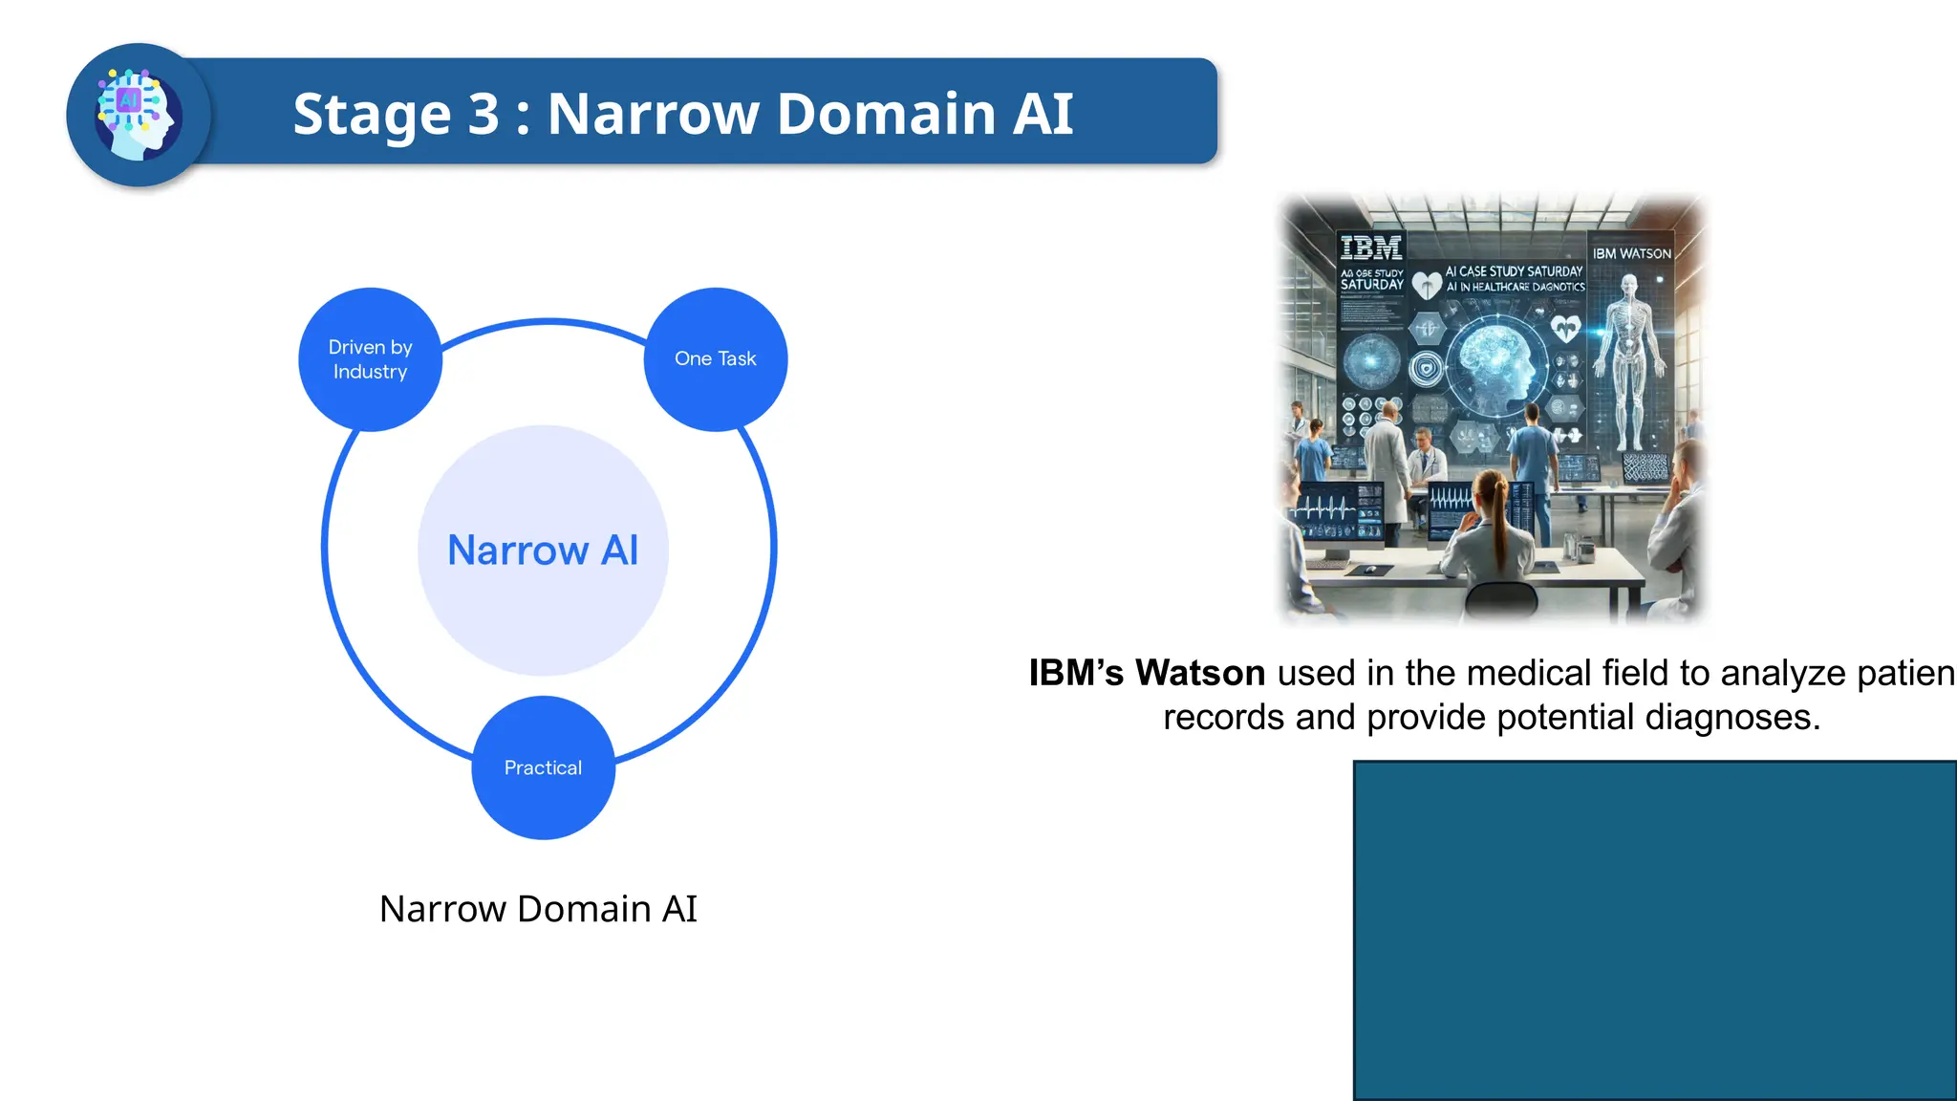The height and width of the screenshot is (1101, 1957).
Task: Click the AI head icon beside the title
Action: [x=139, y=115]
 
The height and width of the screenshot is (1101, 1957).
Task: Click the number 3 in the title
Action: [x=483, y=115]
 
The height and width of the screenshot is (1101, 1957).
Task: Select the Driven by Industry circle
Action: [x=370, y=359]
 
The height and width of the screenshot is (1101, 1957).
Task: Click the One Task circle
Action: [x=715, y=359]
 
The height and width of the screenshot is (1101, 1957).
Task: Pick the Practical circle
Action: [x=543, y=767]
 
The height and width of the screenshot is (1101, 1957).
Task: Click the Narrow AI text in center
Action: [x=543, y=550]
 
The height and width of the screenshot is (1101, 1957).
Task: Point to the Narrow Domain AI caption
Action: [x=538, y=909]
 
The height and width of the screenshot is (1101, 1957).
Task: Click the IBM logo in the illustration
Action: [x=1370, y=248]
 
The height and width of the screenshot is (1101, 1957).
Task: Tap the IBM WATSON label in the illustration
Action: [x=1631, y=253]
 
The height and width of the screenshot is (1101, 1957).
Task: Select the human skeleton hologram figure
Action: [x=1630, y=363]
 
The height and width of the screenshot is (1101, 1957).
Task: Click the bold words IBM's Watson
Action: [x=1147, y=673]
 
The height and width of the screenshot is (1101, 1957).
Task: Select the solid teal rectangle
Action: [x=1654, y=930]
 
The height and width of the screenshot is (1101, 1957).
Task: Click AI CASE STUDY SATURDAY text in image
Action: [x=1514, y=271]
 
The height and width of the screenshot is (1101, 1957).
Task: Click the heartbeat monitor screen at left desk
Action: [x=1334, y=513]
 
